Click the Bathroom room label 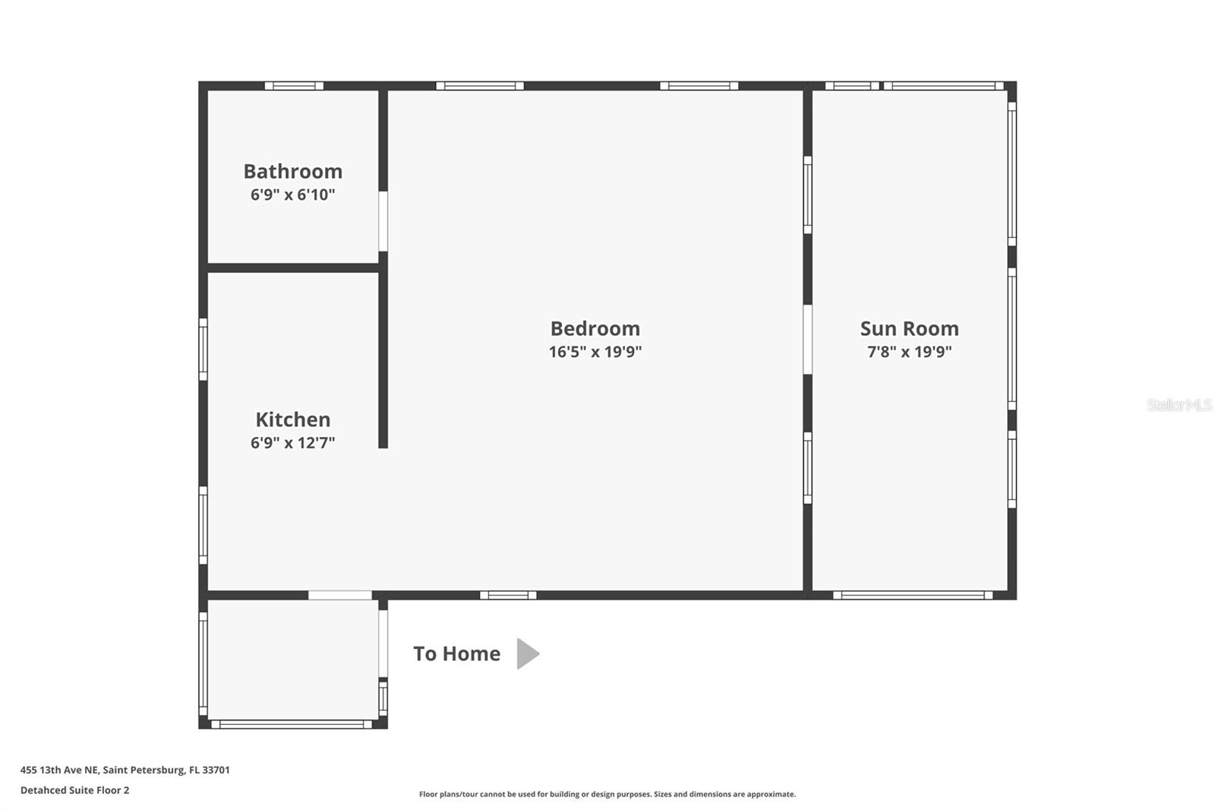tap(292, 171)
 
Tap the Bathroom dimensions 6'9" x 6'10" tap(292, 195)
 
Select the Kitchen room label tap(292, 419)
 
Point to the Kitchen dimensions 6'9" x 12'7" tap(292, 443)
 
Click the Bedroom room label tap(595, 328)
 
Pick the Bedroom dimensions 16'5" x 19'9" tap(595, 352)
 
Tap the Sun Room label tap(909, 328)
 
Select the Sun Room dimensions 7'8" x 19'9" tap(909, 352)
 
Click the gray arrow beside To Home tap(527, 653)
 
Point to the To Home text tap(456, 653)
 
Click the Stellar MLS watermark tap(1179, 405)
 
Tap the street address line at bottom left tap(125, 770)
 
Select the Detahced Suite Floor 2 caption tap(74, 790)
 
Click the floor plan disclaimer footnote tap(607, 794)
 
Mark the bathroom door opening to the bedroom tap(383, 221)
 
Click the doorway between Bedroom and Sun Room tap(807, 340)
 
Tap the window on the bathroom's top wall tap(294, 86)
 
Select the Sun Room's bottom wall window tap(913, 595)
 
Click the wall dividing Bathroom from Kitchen tap(293, 267)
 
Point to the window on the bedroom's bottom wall tap(508, 595)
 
